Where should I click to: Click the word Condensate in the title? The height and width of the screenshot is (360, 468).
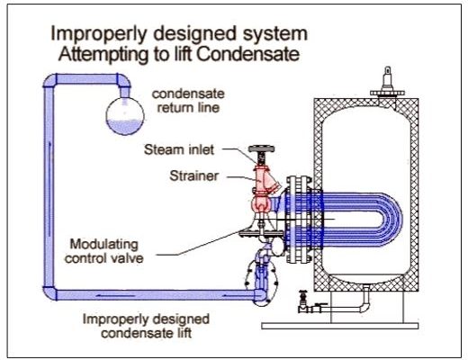click(248, 54)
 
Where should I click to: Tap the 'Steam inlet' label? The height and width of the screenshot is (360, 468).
click(179, 149)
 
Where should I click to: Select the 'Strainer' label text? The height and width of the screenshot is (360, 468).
click(193, 175)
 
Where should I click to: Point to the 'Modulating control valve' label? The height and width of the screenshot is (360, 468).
click(103, 251)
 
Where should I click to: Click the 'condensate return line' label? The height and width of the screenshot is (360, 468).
click(188, 101)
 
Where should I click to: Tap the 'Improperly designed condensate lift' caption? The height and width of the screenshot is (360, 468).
click(146, 326)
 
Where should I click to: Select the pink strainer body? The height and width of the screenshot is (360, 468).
click(264, 182)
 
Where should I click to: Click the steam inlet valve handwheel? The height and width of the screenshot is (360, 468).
click(261, 148)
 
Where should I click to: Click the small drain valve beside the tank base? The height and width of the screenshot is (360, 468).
click(303, 302)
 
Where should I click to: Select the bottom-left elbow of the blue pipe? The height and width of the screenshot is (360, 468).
click(50, 293)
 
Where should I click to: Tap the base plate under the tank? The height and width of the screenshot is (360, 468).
click(340, 326)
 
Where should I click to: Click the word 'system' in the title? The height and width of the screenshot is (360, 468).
click(275, 34)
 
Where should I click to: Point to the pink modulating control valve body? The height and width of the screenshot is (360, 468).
click(261, 204)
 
